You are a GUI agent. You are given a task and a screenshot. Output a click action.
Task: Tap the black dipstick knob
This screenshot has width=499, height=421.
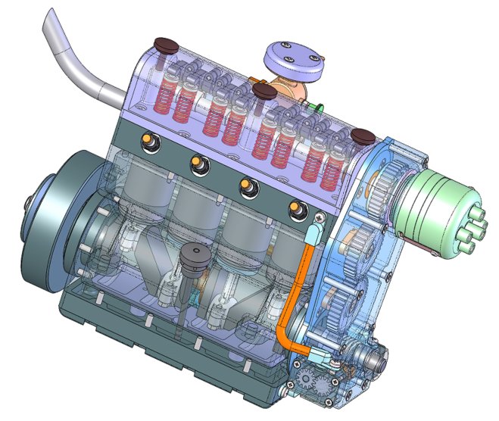193,254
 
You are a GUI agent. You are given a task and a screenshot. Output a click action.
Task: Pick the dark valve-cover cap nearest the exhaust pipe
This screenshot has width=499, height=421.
164,45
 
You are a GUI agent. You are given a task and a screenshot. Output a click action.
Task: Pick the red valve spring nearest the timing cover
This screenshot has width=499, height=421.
329,171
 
